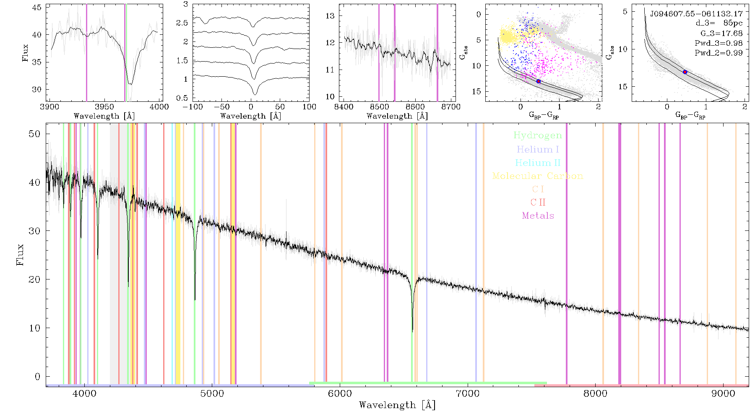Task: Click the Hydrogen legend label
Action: (x=538, y=136)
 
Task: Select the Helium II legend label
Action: (x=538, y=163)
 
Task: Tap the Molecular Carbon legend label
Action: (x=538, y=176)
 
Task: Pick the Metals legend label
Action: (x=538, y=216)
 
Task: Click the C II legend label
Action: (x=538, y=202)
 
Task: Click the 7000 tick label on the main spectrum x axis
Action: (x=467, y=393)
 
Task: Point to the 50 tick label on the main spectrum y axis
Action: (x=34, y=134)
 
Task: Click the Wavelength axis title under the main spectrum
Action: (x=397, y=405)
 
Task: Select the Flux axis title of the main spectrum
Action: (x=20, y=255)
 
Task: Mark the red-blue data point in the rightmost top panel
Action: (x=685, y=72)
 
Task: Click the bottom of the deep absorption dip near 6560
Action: (x=412, y=332)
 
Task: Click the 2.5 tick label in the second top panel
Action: (x=182, y=23)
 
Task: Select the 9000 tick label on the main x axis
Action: (x=723, y=393)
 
